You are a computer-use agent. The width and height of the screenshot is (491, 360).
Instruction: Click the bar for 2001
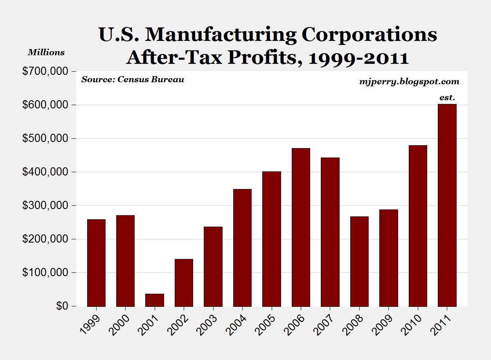point(155,300)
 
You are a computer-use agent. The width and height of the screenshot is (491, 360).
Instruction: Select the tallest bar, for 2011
point(447,205)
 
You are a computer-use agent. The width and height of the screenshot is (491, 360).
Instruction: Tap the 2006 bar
point(301,227)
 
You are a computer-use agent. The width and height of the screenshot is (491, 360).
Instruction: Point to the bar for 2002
point(184,283)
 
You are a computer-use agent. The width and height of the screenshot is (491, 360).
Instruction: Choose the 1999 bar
point(96,263)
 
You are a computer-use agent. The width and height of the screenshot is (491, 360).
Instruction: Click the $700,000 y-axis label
point(45,72)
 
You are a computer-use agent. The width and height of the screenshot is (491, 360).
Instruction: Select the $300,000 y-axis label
point(45,206)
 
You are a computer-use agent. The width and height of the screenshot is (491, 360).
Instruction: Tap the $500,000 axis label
point(45,139)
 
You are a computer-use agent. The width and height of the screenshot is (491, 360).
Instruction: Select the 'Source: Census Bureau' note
point(133,79)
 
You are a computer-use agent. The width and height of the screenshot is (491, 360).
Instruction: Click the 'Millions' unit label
point(46,52)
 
